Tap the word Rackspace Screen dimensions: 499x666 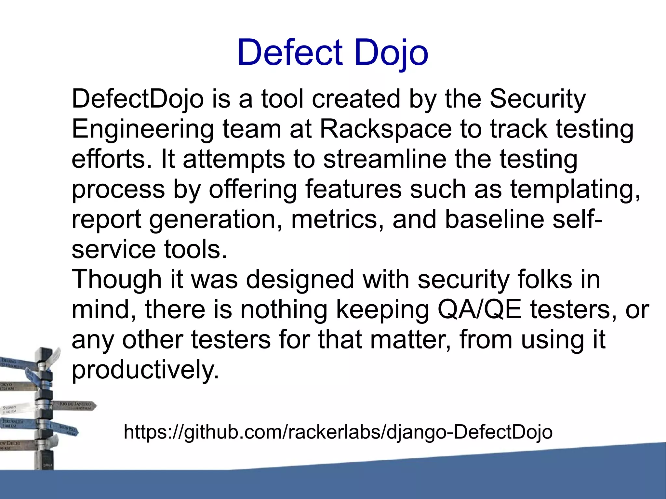pos(386,129)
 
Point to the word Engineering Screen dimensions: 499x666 pos(143,130)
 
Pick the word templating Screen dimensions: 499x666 pos(575,190)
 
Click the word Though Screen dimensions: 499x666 pos(116,280)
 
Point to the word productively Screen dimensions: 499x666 pos(145,370)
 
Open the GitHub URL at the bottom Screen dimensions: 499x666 pos(338,432)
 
